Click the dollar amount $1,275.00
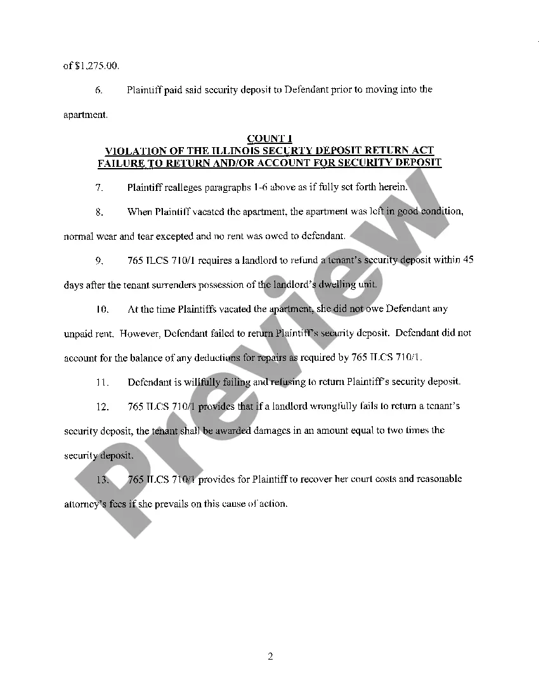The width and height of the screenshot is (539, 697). pyautogui.click(x=96, y=66)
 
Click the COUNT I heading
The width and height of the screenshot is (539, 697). pyautogui.click(x=269, y=139)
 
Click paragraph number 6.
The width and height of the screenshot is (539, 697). pyautogui.click(x=99, y=90)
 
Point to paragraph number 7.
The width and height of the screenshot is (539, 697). pyautogui.click(x=99, y=188)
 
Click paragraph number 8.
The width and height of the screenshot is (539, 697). pyautogui.click(x=99, y=212)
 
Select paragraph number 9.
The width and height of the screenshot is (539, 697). pyautogui.click(x=99, y=261)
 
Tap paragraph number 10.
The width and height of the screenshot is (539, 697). pyautogui.click(x=101, y=309)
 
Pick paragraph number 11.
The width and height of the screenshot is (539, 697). pyautogui.click(x=101, y=382)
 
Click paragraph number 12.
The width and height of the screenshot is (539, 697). pyautogui.click(x=101, y=407)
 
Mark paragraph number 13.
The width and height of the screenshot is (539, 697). pyautogui.click(x=101, y=479)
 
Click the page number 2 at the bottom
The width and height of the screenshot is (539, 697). pyautogui.click(x=270, y=656)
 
